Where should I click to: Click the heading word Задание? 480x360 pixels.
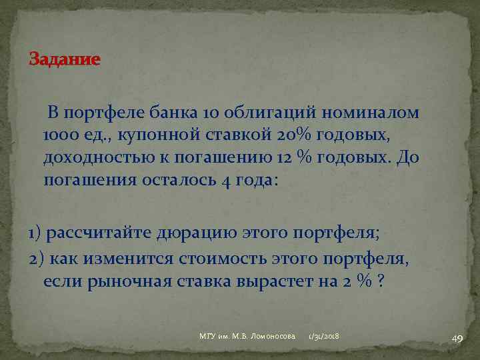(64, 60)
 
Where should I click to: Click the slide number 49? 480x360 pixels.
(457, 339)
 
